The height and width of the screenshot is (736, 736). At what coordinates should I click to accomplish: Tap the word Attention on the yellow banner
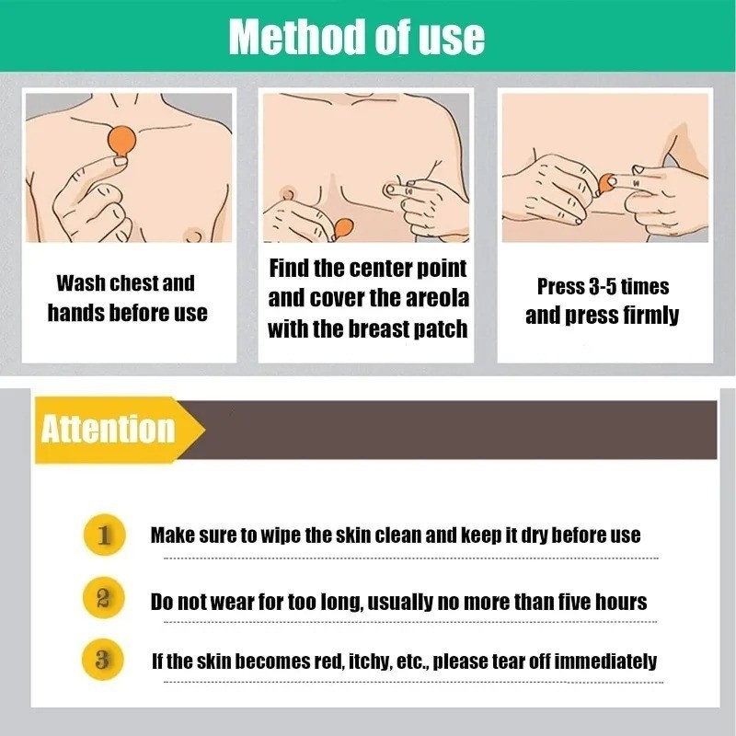coord(108,429)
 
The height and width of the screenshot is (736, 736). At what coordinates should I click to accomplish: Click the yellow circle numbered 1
coord(104,535)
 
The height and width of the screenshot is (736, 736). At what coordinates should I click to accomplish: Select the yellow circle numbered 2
coord(103,597)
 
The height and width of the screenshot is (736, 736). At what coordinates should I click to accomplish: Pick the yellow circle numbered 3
coord(103,660)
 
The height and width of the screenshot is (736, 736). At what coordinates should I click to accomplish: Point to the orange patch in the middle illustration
coord(343,229)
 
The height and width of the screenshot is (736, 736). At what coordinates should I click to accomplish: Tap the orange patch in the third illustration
coord(607,184)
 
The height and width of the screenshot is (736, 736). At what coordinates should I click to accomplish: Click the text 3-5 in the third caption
coord(603,287)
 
